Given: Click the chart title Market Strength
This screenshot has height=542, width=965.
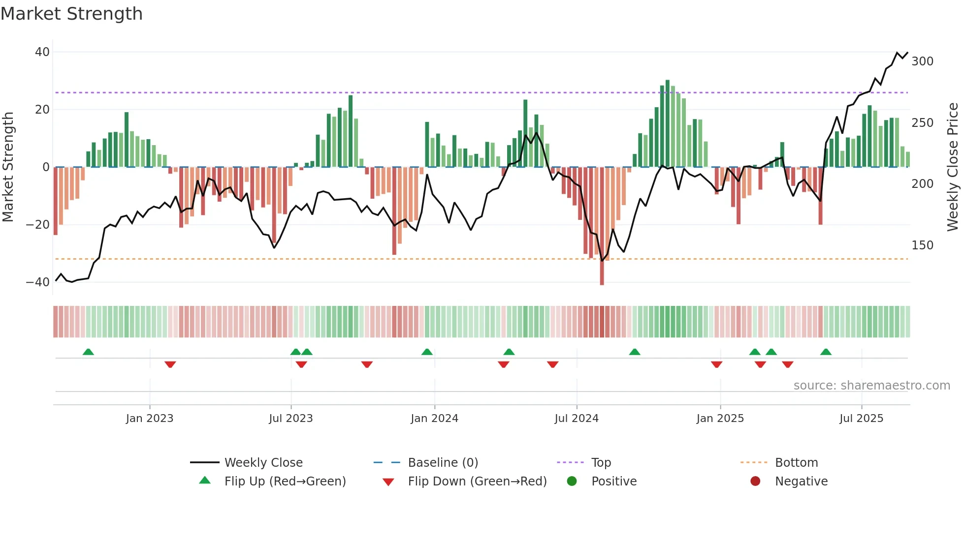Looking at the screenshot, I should click(x=71, y=14).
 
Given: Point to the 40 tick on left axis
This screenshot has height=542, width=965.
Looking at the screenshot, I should click(x=42, y=52).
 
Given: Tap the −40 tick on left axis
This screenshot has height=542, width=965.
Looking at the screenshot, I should click(x=38, y=282).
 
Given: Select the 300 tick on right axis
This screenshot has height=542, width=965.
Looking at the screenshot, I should click(x=922, y=61).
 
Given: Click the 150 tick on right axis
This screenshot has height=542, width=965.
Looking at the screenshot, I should click(x=922, y=245).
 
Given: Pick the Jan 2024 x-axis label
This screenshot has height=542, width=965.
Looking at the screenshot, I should click(x=434, y=419).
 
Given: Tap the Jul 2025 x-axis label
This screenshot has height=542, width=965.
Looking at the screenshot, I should click(x=861, y=419).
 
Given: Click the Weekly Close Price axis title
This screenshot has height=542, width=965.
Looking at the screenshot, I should click(x=953, y=167).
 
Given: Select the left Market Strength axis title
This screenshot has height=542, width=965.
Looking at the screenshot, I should click(x=8, y=167).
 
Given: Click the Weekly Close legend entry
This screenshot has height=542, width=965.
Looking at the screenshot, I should click(x=263, y=463).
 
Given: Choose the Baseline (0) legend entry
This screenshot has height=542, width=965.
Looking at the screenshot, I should click(x=443, y=463).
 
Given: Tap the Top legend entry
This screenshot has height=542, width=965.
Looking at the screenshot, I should click(x=601, y=463).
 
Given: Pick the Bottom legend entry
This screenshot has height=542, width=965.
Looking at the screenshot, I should click(x=796, y=463).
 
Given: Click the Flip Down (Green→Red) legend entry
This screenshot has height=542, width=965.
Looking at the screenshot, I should click(x=477, y=482).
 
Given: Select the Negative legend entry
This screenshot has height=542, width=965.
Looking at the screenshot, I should click(x=801, y=482).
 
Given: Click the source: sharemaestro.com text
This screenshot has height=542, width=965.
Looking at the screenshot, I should click(x=871, y=386).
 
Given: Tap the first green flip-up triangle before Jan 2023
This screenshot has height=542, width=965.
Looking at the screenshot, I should click(x=88, y=352).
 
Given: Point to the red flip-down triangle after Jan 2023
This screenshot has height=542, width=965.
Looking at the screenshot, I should click(x=170, y=364).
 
